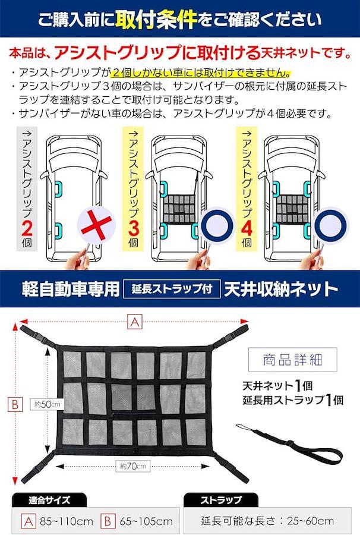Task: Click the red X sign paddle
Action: point(96,224)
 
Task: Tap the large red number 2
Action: point(27,228)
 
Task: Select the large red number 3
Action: point(134,228)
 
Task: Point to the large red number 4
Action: point(247,228)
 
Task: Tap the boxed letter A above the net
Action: point(135,322)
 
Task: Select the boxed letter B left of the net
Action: point(15,404)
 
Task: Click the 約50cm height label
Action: point(47,404)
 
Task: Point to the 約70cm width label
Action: point(133,465)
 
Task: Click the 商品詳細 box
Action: point(292,359)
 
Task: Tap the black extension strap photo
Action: point(289,442)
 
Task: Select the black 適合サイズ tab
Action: point(49,500)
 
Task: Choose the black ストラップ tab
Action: point(221,500)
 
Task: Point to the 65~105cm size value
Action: point(146,521)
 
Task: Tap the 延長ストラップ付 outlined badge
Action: point(172,289)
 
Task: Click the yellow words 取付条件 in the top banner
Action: point(156,20)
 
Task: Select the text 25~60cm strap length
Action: point(311,521)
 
